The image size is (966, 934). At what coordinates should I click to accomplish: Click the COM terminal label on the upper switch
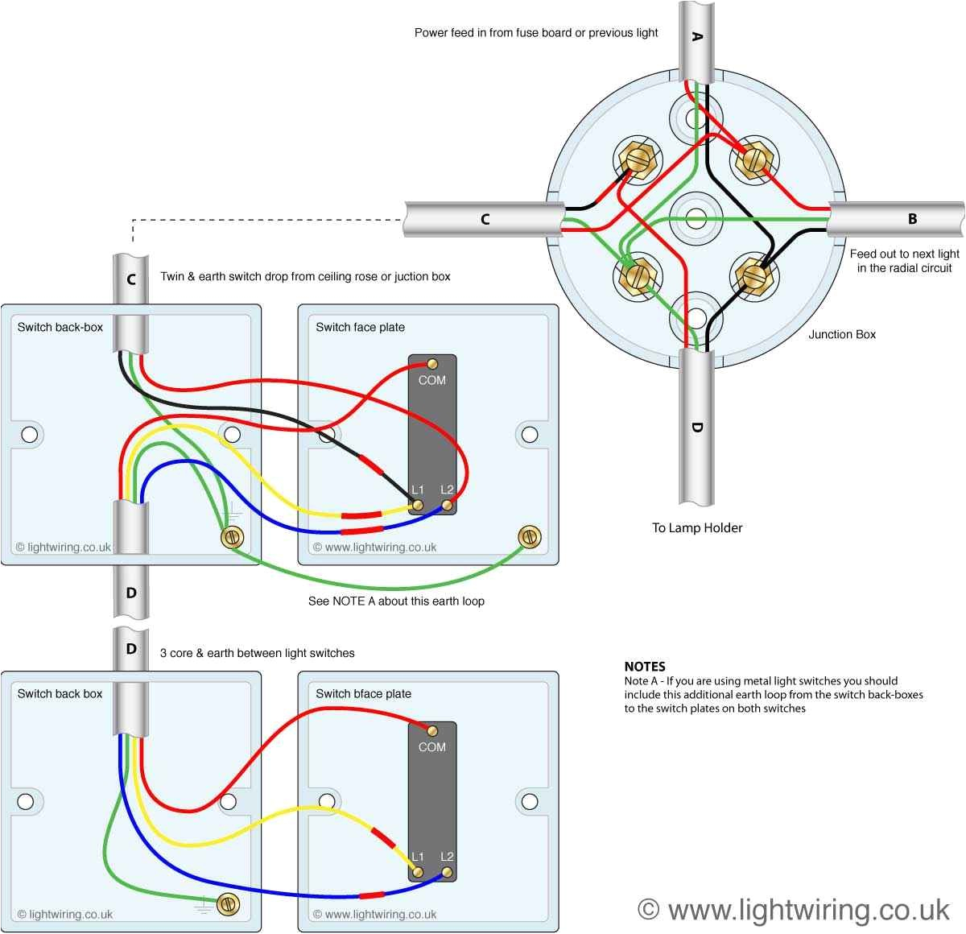[432, 380]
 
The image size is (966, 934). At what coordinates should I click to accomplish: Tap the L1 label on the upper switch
[417, 490]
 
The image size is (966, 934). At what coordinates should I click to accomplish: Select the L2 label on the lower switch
[447, 857]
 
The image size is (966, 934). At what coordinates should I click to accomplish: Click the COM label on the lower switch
[432, 747]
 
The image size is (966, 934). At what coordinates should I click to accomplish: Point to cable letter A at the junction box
[697, 37]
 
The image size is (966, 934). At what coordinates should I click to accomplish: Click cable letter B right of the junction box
[912, 219]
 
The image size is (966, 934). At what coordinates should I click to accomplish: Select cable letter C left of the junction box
[485, 219]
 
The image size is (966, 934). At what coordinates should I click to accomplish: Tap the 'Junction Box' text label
[842, 334]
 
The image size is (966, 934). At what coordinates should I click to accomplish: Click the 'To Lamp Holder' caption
[697, 528]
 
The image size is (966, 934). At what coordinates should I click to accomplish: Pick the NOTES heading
[645, 667]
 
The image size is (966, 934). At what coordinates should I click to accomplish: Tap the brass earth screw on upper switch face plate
[530, 535]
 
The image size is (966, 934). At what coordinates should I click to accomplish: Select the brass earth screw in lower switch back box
[229, 903]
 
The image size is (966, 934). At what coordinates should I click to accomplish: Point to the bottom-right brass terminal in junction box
[754, 276]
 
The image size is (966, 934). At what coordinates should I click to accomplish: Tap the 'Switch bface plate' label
[363, 694]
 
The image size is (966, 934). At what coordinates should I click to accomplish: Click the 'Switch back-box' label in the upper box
[60, 328]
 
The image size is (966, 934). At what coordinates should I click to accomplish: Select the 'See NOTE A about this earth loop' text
[396, 601]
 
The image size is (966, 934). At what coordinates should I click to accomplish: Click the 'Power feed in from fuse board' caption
[536, 33]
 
